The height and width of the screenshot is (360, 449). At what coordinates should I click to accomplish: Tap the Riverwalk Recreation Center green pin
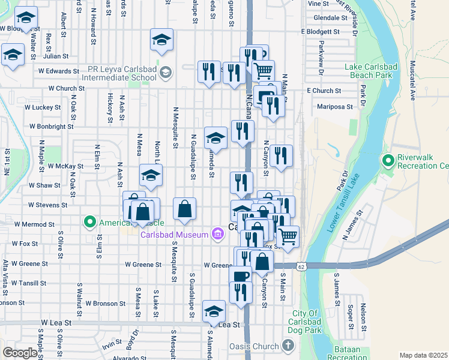(388, 160)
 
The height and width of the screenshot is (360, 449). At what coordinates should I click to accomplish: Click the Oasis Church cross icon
(288, 346)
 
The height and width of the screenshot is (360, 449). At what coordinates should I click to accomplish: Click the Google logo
(20, 353)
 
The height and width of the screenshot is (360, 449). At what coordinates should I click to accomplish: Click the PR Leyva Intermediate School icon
(166, 73)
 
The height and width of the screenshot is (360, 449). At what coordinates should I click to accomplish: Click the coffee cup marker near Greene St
(240, 276)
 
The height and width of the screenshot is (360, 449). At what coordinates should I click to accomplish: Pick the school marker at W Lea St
(214, 311)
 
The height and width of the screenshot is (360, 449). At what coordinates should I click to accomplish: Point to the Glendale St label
(327, 18)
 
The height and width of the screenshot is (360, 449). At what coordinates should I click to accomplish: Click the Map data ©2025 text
(423, 355)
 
